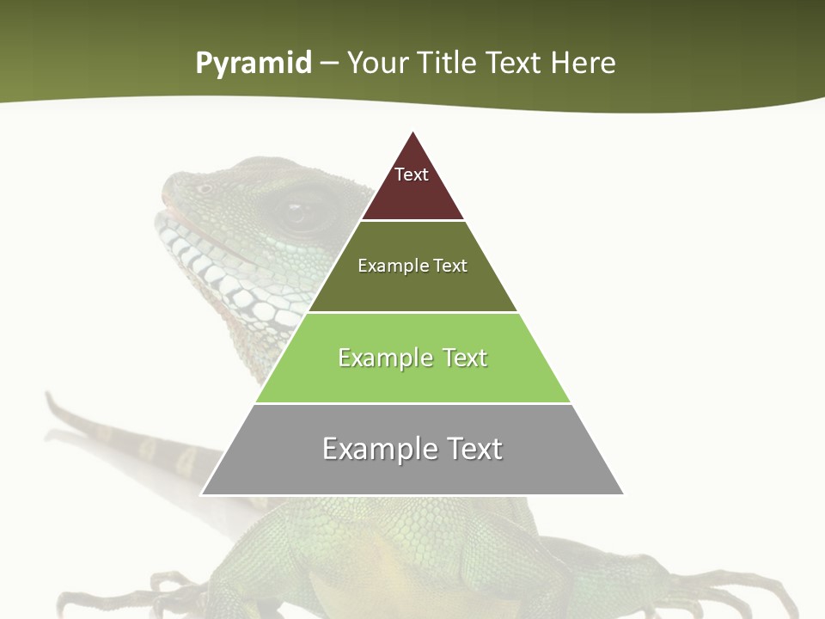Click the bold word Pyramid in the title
click(254, 63)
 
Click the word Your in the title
click(378, 63)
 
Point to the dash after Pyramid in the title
click(329, 64)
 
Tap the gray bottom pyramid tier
click(412, 473)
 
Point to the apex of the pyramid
click(413, 132)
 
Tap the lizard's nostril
click(205, 188)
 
